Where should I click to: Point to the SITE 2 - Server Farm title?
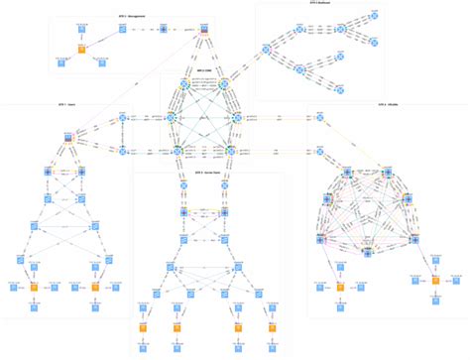[205, 171]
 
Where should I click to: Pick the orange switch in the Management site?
[82, 48]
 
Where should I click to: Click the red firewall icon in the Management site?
[202, 29]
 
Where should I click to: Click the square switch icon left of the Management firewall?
[164, 30]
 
